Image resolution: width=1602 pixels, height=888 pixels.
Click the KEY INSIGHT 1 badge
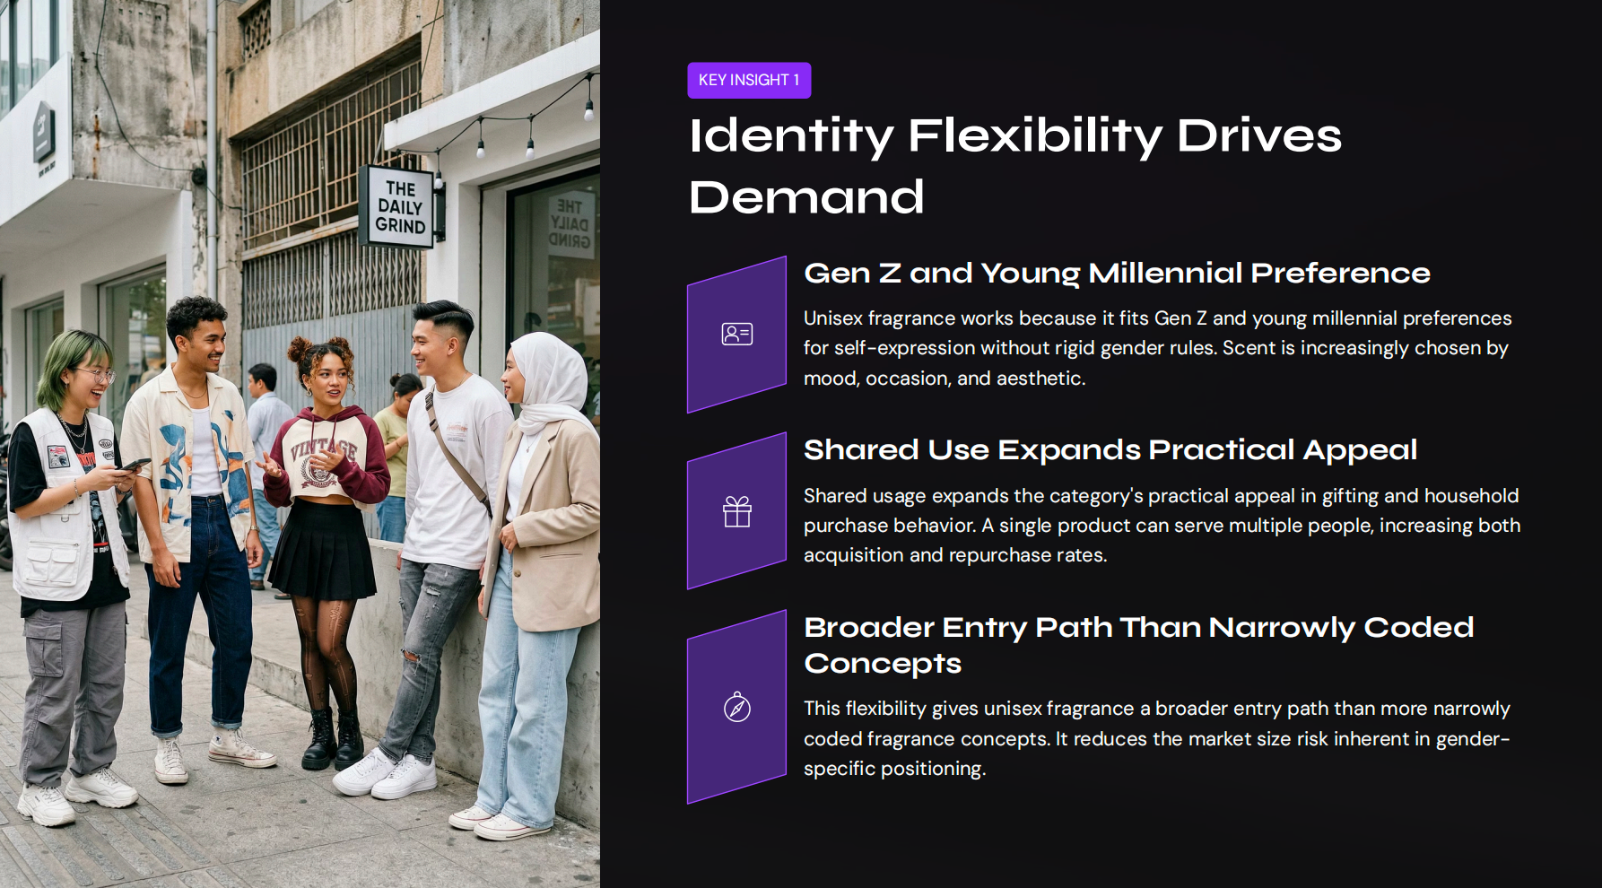tap(749, 80)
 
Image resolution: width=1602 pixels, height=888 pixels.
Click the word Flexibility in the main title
tap(1035, 136)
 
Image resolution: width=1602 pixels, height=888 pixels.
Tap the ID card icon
tap(736, 335)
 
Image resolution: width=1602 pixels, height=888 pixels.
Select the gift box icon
tap(736, 512)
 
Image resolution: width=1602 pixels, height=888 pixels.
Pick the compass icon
tap(736, 708)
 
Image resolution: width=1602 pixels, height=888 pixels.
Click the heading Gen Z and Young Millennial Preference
tap(1116, 274)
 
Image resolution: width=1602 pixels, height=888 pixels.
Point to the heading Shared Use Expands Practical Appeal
tap(1110, 450)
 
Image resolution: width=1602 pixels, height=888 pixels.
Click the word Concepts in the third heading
tap(882, 664)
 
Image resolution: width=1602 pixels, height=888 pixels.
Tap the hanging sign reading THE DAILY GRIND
tap(400, 207)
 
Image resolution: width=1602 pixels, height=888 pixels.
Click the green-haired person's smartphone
tap(135, 465)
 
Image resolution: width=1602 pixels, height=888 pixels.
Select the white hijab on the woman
tap(550, 381)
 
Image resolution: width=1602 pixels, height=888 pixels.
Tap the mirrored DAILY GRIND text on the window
tap(570, 224)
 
